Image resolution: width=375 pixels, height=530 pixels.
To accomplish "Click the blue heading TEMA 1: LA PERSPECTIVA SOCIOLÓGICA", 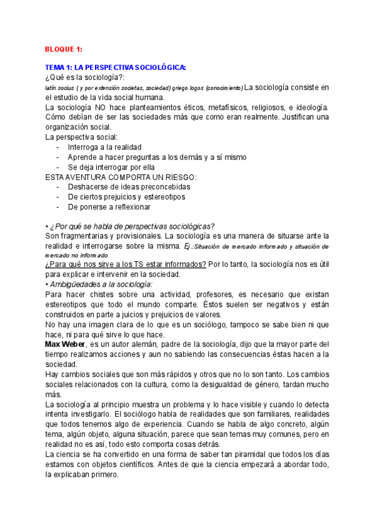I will click(115, 67).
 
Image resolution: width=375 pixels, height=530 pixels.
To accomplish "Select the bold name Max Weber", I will click(67, 344).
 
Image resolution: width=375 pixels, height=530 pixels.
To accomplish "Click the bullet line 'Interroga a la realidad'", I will click(104, 147).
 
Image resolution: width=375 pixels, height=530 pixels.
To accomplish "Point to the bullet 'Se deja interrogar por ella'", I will click(111, 167).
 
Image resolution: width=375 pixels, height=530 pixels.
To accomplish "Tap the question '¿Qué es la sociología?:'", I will click(84, 77).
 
